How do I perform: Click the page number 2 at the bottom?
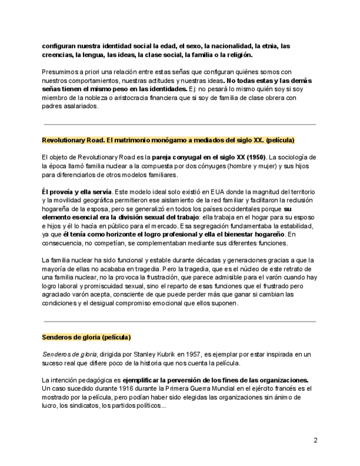[x=315, y=440]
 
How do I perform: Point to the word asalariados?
[x=81, y=106]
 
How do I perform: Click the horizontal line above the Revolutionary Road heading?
[x=180, y=125]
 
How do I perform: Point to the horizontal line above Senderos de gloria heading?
[x=180, y=321]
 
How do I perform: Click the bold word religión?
[x=237, y=55]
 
